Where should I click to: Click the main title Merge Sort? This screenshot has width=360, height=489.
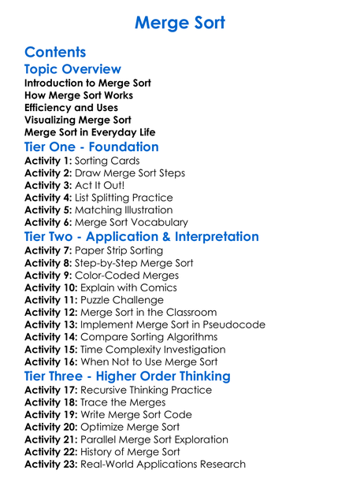(180, 22)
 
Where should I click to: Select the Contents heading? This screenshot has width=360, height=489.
(55, 53)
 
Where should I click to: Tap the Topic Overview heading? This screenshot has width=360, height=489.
(72, 69)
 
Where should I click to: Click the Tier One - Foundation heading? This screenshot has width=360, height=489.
(91, 147)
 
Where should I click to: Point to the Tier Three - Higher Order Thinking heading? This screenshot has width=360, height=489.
(128, 376)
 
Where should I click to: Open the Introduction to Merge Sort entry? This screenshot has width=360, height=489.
(87, 83)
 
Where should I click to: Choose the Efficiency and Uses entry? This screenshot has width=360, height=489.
(71, 107)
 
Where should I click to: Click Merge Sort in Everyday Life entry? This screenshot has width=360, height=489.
(90, 132)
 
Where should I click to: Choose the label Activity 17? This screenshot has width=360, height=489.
(51, 390)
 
